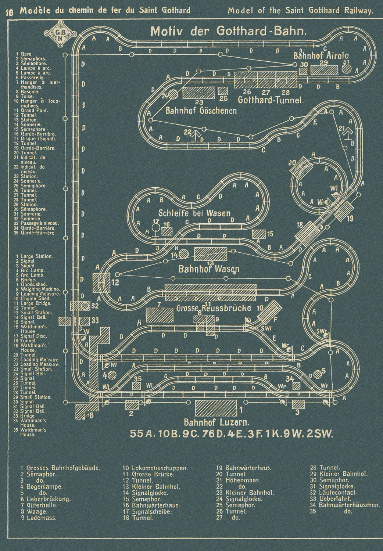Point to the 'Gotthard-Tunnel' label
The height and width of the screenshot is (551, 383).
pos(270,100)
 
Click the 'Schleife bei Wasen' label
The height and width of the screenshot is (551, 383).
pos(194,213)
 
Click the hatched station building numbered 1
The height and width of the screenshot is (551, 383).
pos(216,408)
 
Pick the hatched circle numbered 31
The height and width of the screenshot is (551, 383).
pos(347,69)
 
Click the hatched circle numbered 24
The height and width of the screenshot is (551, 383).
pos(173,95)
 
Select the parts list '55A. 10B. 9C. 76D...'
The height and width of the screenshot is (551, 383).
pos(231,434)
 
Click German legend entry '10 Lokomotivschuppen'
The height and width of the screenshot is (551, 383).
pos(155,468)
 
